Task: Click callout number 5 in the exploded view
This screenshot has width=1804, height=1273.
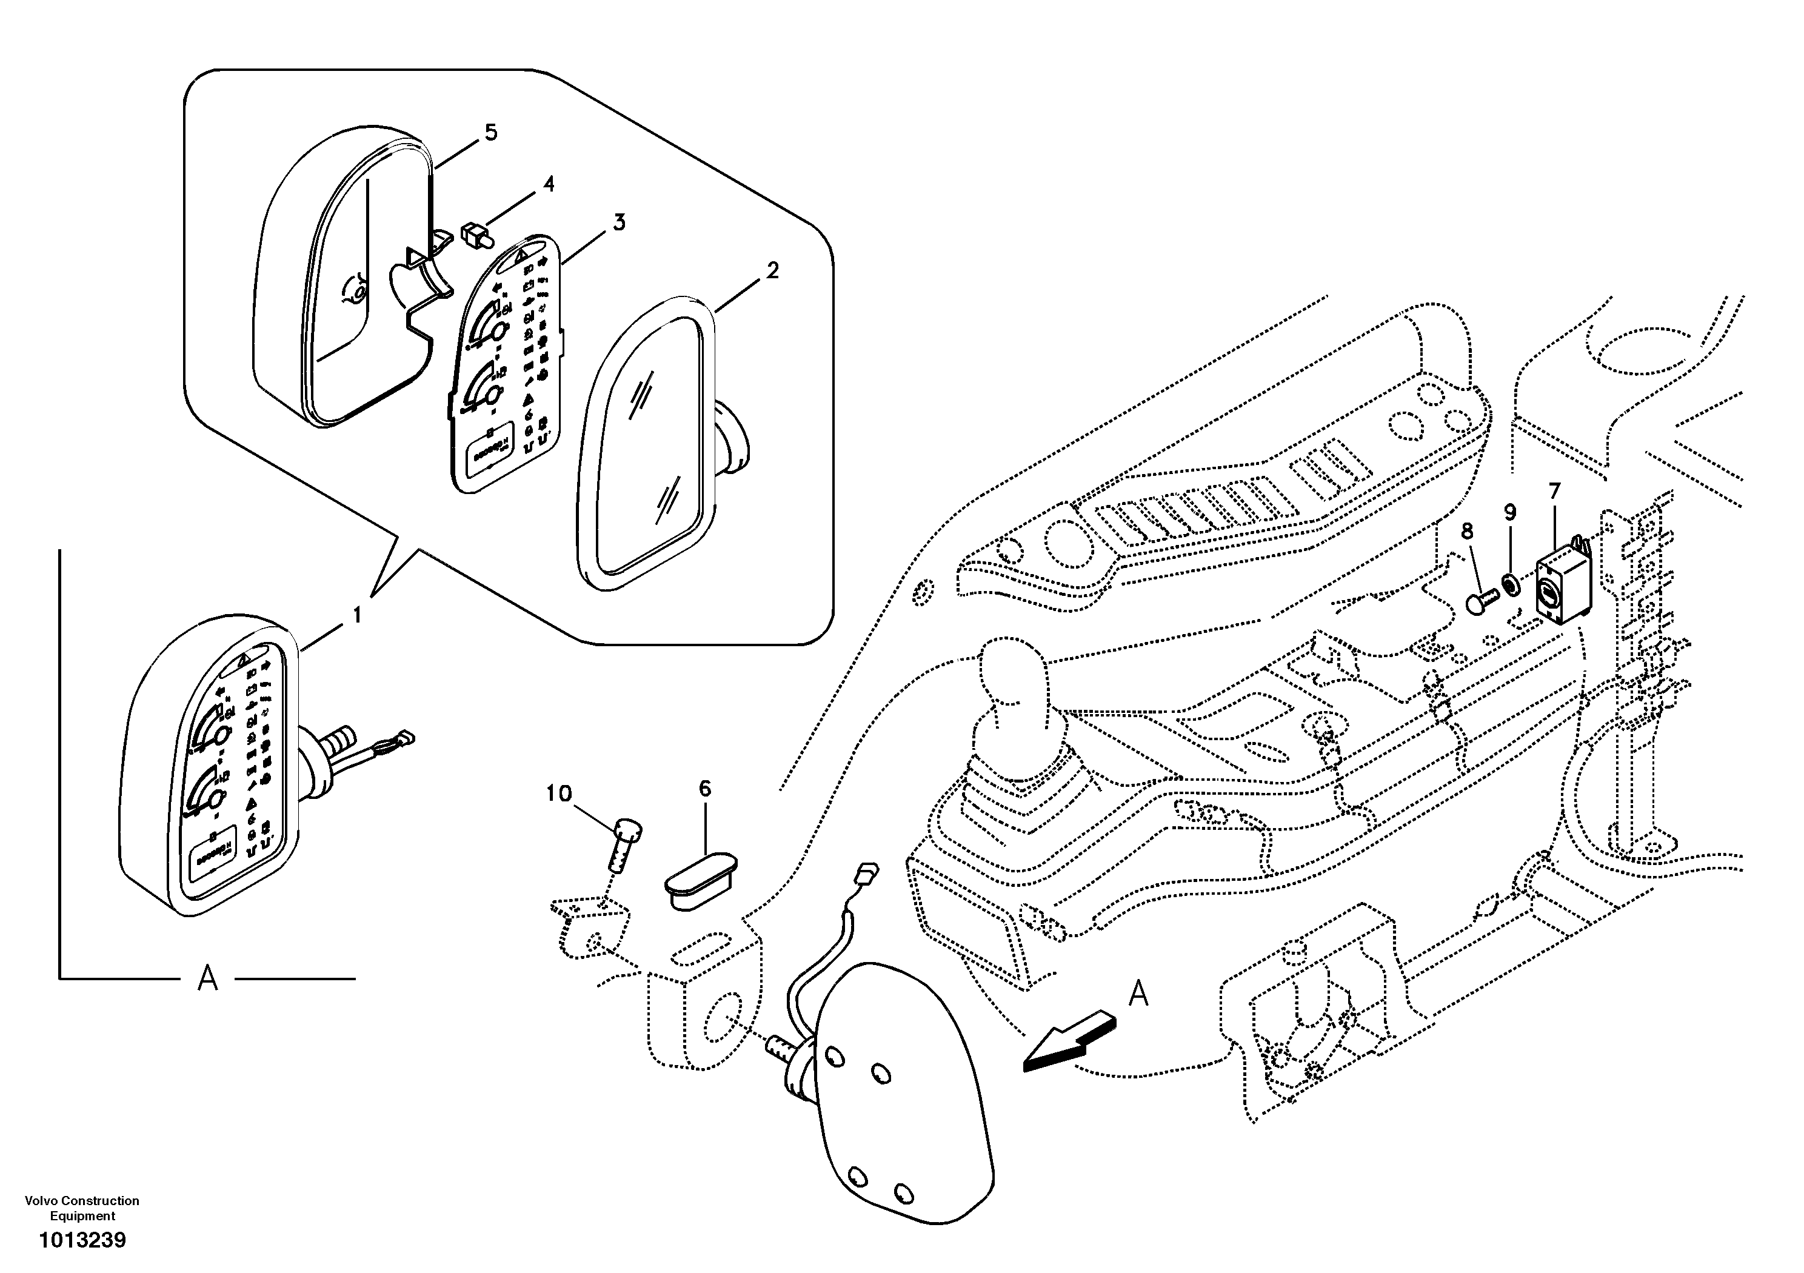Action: point(490,133)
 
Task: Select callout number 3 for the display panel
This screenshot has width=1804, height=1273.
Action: point(619,222)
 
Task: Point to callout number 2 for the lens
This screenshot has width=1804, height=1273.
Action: point(772,271)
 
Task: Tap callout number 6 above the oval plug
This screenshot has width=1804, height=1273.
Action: point(705,788)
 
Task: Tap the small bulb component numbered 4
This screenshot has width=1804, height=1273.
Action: point(474,234)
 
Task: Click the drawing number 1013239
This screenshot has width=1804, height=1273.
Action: point(82,1241)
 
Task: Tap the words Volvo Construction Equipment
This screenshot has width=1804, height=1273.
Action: point(82,1208)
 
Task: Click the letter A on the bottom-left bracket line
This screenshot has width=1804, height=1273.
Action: point(207,979)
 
